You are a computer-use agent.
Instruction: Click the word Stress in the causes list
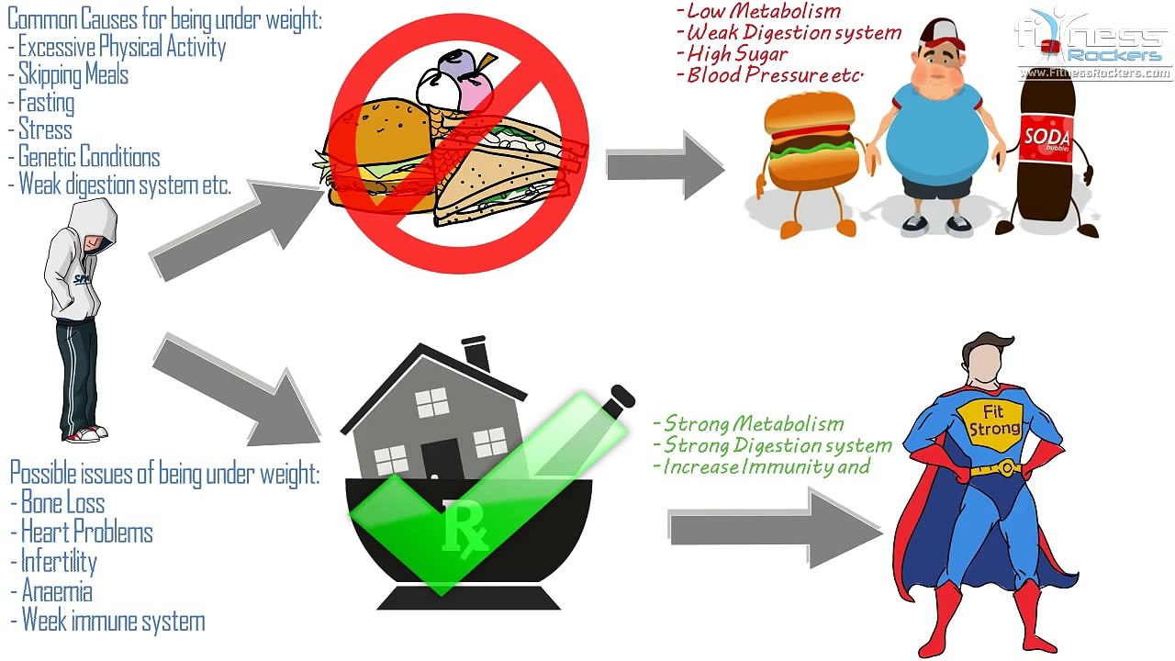click(45, 129)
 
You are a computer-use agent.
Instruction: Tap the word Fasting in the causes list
click(46, 102)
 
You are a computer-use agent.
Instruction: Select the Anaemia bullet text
click(57, 591)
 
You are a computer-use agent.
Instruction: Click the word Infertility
click(59, 562)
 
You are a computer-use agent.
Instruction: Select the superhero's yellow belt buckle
click(1005, 467)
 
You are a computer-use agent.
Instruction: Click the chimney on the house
click(476, 353)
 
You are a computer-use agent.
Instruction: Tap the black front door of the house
click(441, 459)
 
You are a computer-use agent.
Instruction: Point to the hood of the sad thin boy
click(94, 220)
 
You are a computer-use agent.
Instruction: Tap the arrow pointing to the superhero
click(776, 528)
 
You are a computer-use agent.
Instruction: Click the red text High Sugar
click(737, 53)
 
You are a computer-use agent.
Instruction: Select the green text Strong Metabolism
click(754, 423)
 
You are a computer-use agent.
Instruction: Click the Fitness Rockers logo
click(1094, 44)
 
